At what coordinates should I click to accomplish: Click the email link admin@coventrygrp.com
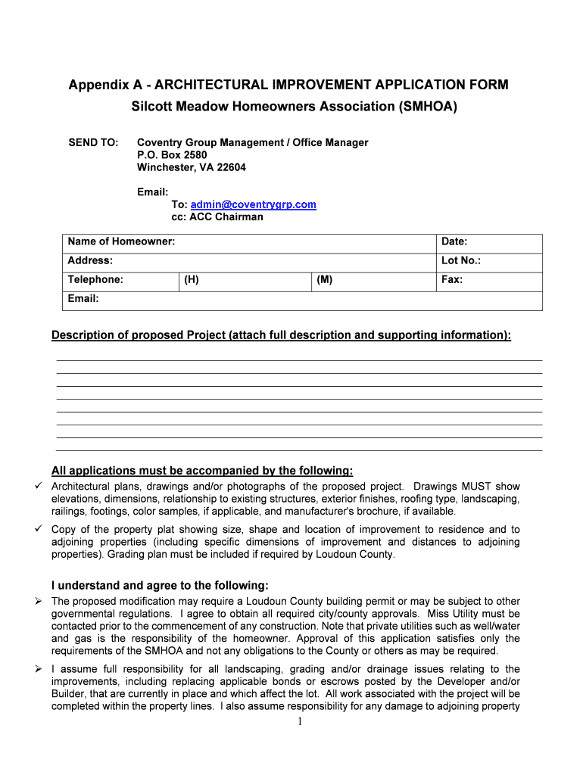[x=253, y=204]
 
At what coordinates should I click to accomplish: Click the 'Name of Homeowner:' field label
[x=121, y=241]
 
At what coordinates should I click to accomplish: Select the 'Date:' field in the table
[x=454, y=241]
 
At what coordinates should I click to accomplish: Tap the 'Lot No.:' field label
[x=460, y=260]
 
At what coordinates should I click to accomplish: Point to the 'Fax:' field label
[x=452, y=279]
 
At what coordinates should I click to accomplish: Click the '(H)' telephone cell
[x=191, y=279]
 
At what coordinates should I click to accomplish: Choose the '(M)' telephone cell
[x=324, y=279]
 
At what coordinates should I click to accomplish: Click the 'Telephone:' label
[x=95, y=279]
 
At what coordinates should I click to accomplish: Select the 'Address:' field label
[x=90, y=260]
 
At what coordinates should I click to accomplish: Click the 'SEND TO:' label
[x=93, y=142]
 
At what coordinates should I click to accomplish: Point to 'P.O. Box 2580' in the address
[x=172, y=154]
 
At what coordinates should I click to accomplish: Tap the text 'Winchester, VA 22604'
[x=192, y=167]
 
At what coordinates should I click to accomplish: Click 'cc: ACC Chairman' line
[x=217, y=216]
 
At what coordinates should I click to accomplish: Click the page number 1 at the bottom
[x=300, y=721]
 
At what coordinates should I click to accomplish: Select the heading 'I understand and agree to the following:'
[x=160, y=585]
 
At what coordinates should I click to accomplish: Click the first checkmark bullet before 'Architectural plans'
[x=39, y=486]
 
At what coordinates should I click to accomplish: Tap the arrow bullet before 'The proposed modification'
[x=39, y=601]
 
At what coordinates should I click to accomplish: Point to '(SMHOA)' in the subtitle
[x=428, y=107]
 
